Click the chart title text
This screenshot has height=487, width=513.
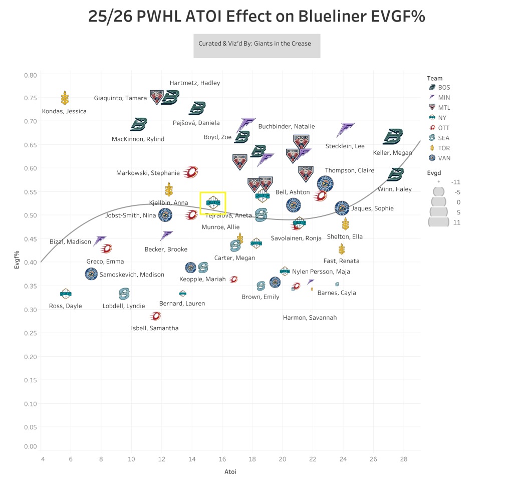tap(256, 17)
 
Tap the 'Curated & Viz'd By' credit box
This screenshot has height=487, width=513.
tap(256, 44)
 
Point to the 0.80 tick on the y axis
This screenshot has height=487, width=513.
tap(31, 75)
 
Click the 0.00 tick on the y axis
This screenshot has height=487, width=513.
tap(31, 446)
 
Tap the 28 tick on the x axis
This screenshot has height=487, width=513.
tap(404, 458)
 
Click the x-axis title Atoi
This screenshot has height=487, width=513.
tap(230, 471)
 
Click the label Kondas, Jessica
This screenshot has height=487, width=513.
tap(64, 111)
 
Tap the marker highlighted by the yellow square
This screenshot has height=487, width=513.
tap(212, 203)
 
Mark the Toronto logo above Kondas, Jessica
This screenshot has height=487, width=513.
tap(65, 98)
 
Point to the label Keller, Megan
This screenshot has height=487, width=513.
tap(393, 153)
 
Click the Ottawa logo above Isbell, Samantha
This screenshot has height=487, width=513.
tap(156, 316)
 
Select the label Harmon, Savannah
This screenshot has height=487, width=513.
tap(310, 318)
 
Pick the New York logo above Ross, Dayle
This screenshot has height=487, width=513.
tap(66, 294)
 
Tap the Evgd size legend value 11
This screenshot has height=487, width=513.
tap(456, 222)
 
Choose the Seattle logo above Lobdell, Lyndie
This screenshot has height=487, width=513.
tap(124, 294)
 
